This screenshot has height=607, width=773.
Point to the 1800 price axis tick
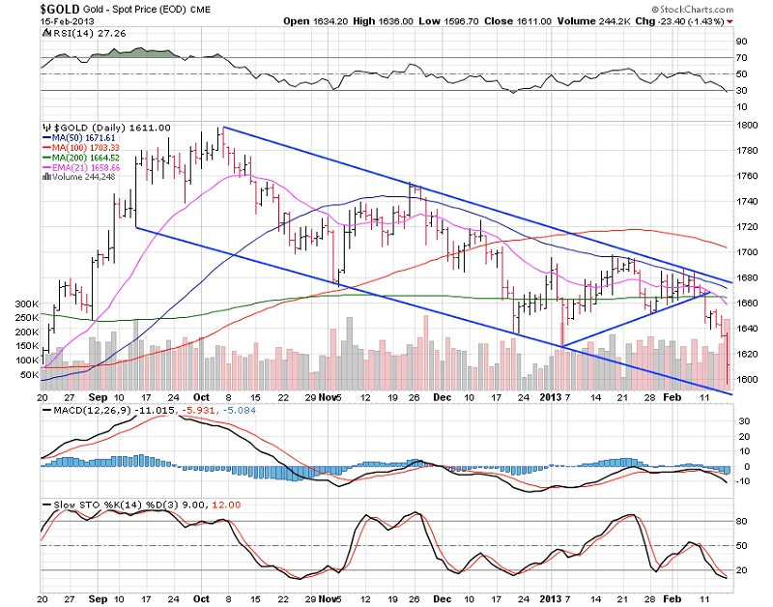[748, 126]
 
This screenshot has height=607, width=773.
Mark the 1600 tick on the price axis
[748, 379]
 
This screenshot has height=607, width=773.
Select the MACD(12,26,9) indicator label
[82, 413]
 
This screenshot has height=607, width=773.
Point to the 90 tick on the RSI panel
[743, 42]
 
